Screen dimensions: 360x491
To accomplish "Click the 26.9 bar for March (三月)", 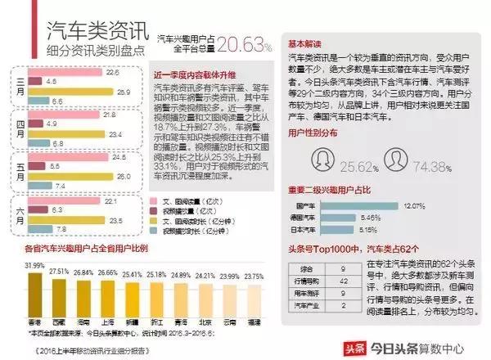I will pyautogui.click(x=70, y=92).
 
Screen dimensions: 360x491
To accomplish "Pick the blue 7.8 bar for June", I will pyautogui.click(x=42, y=229).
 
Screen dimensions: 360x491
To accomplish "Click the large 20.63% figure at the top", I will pyautogui.click(x=244, y=43).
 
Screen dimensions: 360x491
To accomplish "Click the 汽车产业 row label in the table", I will pyautogui.click(x=308, y=305).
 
